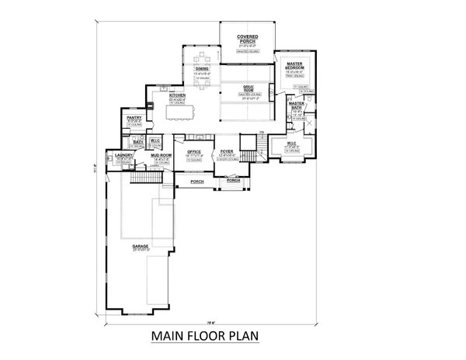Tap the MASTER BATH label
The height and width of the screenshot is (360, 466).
[296, 106]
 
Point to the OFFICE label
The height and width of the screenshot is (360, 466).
[194, 152]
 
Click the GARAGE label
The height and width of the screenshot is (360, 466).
[141, 246]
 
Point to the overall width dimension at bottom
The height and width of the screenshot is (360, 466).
[210, 317]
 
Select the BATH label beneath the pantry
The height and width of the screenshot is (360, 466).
[136, 141]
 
